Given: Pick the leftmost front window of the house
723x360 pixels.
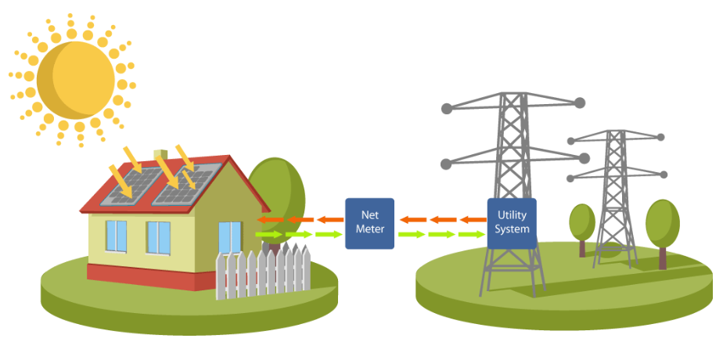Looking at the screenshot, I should click(116, 236).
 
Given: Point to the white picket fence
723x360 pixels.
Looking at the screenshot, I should click(263, 270).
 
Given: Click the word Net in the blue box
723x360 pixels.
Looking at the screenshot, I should click(369, 214).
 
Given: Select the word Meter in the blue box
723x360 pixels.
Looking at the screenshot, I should click(369, 229).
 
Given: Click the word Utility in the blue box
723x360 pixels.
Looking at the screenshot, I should click(512, 214).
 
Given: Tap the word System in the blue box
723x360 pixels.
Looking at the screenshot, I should click(512, 229).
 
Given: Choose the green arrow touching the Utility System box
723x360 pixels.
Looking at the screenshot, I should click(472, 234).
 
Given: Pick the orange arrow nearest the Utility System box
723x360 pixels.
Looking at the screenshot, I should click(472, 220).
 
